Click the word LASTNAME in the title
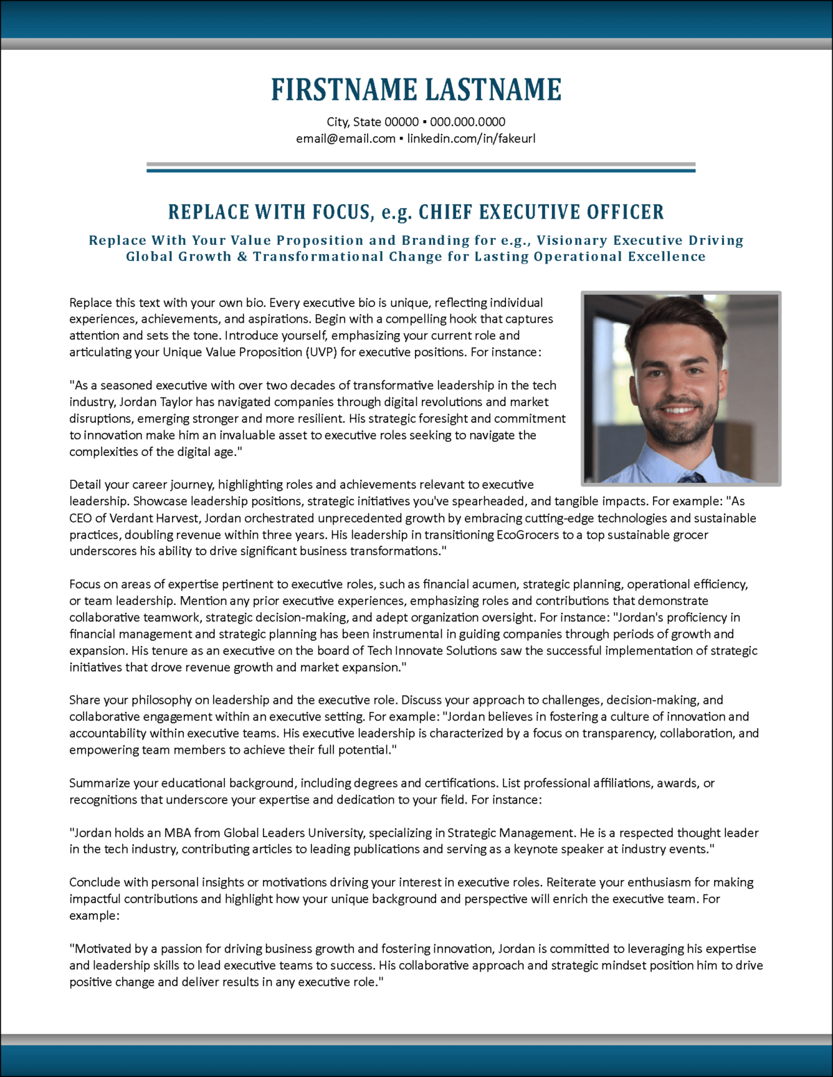pos(493,90)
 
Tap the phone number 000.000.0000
pos(467,122)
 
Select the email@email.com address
pos(346,139)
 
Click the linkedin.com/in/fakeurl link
pos(471,139)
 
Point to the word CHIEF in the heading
pos(446,212)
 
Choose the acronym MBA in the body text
pos(178,833)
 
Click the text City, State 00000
pos(373,122)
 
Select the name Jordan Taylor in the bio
pos(155,402)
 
